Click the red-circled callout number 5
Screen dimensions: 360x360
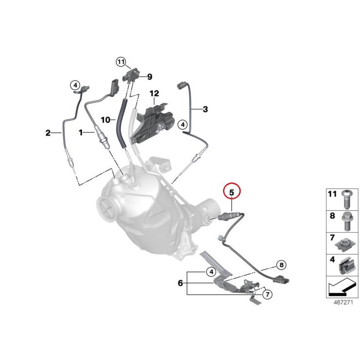231,192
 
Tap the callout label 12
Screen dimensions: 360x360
154,94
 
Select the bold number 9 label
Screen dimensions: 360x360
149,77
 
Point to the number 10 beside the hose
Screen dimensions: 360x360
106,120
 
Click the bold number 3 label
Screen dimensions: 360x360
205,109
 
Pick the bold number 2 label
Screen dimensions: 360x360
48,133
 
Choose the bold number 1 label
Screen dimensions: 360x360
81,133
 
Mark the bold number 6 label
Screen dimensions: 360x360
180,283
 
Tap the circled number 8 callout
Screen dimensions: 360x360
281,264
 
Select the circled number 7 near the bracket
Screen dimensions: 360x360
267,295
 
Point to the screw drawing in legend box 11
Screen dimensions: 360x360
345,198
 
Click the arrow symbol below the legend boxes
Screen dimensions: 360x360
340,288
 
